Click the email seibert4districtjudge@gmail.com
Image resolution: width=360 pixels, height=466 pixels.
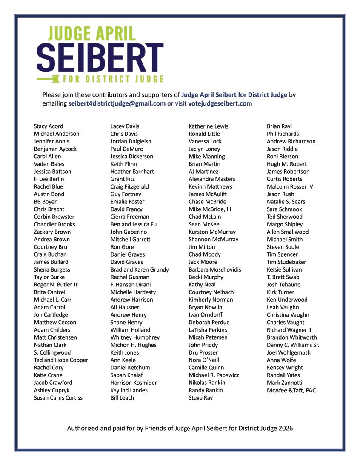(x=117, y=103)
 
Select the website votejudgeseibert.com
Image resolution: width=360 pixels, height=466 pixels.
(x=220, y=103)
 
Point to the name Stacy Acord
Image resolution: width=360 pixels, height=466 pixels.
(x=49, y=126)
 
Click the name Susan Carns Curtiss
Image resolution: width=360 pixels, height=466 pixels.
(x=58, y=398)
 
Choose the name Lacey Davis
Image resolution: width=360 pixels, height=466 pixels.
(x=125, y=126)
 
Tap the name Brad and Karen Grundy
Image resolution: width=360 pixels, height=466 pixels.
(x=140, y=269)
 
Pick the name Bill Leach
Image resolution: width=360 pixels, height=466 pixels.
(x=122, y=398)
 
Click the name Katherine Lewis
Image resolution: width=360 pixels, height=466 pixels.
(x=209, y=126)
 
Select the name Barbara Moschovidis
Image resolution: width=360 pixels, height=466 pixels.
(x=215, y=269)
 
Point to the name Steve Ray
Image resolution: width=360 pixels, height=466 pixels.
(x=201, y=398)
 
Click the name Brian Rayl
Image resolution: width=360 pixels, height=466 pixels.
(x=279, y=126)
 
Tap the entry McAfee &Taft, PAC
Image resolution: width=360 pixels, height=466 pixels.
(x=291, y=390)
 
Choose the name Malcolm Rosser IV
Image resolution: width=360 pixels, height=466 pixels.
(x=290, y=186)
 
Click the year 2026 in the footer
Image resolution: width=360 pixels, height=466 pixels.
(x=285, y=428)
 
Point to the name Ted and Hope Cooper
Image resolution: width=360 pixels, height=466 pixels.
(x=61, y=360)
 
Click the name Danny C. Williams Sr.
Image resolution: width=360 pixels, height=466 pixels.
(x=293, y=345)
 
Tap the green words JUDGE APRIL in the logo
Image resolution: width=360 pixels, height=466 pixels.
(x=92, y=34)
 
